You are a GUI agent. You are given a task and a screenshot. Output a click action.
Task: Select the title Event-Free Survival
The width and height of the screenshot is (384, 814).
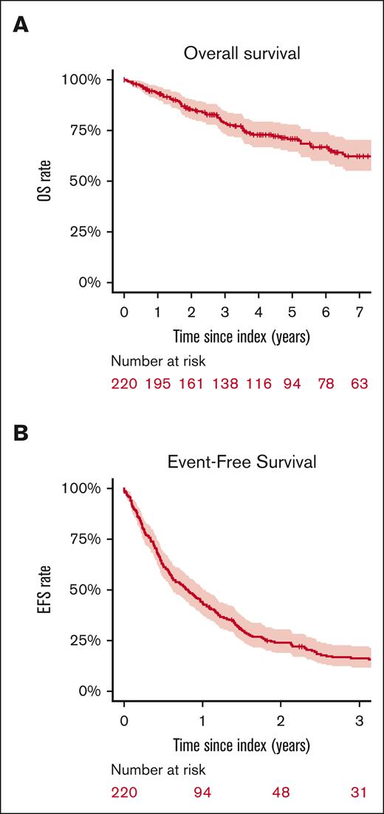tap(241, 462)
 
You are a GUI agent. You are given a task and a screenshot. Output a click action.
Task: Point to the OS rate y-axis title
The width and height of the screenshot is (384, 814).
tap(46, 181)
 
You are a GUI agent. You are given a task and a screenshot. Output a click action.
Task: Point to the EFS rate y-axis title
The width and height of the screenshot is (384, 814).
tap(46, 590)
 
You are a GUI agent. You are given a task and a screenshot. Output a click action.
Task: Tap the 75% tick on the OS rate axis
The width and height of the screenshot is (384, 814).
tap(90, 131)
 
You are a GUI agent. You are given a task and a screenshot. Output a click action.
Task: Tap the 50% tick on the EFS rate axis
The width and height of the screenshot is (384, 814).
tap(90, 590)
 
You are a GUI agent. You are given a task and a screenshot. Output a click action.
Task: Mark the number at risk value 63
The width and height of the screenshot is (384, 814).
tap(360, 383)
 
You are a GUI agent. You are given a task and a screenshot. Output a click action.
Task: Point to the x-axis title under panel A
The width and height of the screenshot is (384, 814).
tap(241, 336)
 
